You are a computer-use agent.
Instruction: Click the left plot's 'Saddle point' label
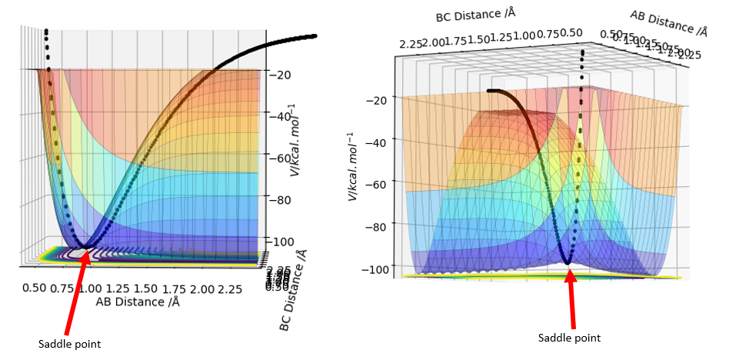70,344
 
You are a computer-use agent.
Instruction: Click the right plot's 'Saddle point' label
569,338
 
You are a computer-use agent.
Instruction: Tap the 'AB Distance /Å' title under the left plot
138,302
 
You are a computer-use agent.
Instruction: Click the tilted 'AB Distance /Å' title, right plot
668,24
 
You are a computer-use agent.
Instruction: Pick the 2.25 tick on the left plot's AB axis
229,288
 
